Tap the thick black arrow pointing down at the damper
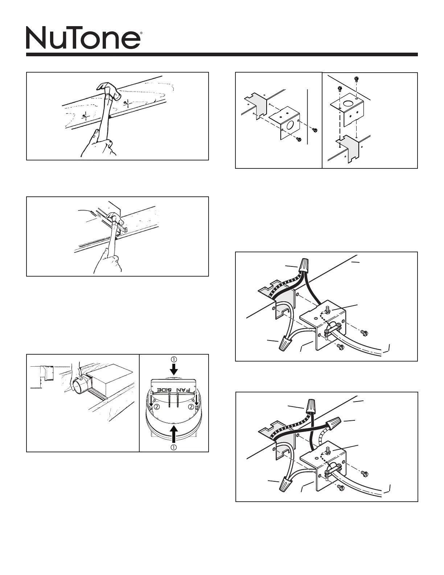(174, 369)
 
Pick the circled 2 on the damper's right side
(190, 407)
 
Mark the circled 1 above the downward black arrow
(174, 359)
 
